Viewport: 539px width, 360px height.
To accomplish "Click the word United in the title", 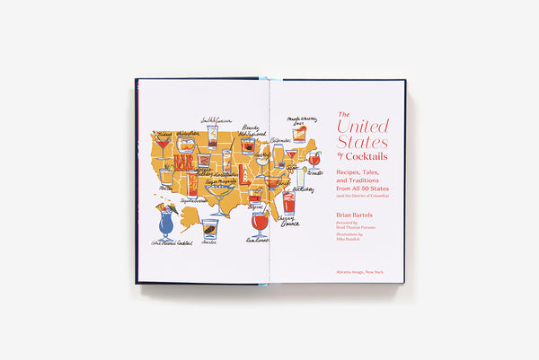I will pos(364,126).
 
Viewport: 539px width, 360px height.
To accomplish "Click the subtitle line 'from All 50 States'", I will pos(363,188).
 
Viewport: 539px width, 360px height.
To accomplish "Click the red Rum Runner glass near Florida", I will pos(260,222).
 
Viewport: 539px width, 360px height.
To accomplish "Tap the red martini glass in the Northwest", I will pos(163,145).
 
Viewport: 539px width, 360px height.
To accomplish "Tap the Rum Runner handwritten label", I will pos(261,241).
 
